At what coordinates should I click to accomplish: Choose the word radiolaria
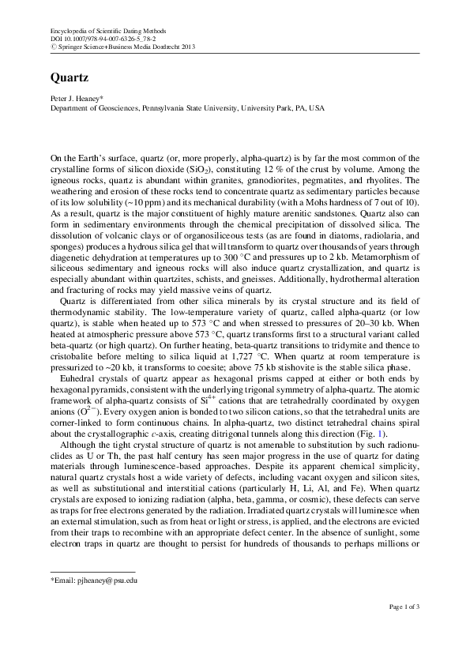click(382, 234)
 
